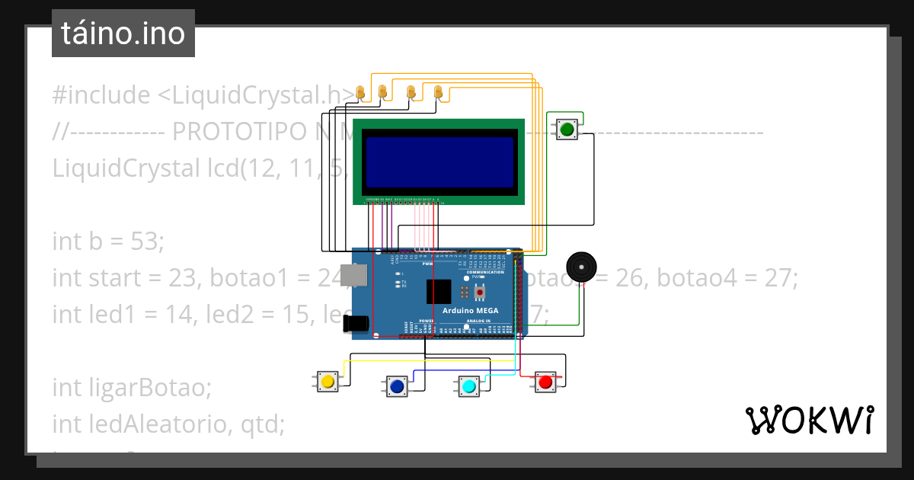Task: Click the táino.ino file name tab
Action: [x=123, y=34]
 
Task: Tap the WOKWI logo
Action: [x=809, y=420]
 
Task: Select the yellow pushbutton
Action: [x=328, y=381]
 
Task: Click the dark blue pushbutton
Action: [x=397, y=387]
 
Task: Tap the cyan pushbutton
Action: [x=469, y=387]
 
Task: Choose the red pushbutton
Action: [x=545, y=382]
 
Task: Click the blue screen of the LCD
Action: [x=439, y=162]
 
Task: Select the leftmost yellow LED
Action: [x=361, y=93]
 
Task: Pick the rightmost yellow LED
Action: [x=438, y=92]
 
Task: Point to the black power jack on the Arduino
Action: [x=355, y=324]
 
